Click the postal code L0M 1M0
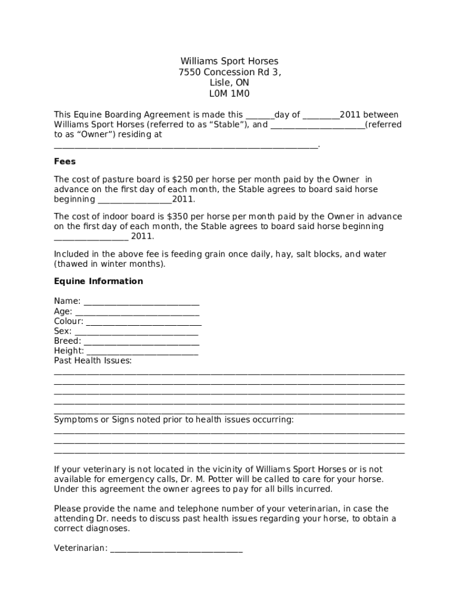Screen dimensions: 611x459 coord(229,94)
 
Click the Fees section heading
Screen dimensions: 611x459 coord(65,162)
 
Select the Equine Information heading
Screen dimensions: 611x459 coord(98,281)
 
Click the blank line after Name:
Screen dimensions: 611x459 coord(141,302)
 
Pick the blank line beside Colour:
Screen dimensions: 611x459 coord(143,322)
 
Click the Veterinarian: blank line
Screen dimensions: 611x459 coord(176,548)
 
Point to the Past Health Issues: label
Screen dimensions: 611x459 coord(93,360)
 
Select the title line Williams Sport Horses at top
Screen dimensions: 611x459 coord(229,61)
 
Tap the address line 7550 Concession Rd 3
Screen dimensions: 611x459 coord(229,72)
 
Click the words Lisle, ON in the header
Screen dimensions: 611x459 coord(229,83)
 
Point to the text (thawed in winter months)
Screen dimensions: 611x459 coord(110,264)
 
